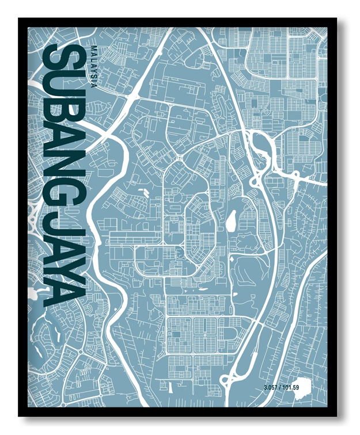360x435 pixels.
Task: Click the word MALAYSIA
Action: [x=94, y=65]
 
